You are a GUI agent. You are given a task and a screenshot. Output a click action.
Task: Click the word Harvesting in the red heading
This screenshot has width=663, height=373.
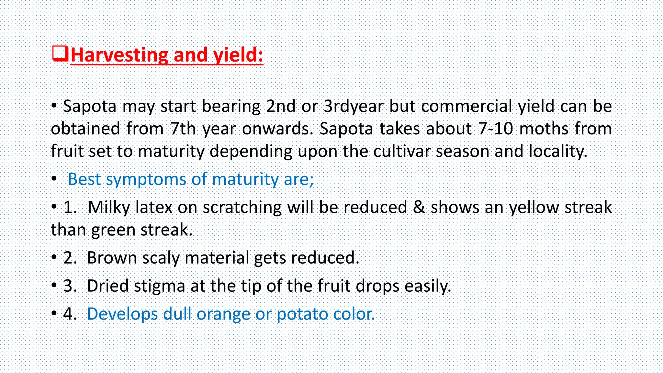(x=119, y=55)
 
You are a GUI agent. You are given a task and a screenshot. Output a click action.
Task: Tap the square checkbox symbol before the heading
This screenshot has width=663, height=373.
(x=60, y=54)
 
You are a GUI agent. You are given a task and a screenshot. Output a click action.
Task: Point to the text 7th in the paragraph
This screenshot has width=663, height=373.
(x=183, y=129)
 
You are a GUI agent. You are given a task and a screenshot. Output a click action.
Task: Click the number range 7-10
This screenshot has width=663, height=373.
(x=496, y=129)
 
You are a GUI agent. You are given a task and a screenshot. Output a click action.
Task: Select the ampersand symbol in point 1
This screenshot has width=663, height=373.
(x=419, y=207)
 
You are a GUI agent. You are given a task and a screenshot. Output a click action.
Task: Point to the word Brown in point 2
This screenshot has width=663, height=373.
(x=112, y=258)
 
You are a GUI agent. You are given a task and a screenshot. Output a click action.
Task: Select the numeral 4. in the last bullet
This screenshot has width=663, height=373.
(x=70, y=314)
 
